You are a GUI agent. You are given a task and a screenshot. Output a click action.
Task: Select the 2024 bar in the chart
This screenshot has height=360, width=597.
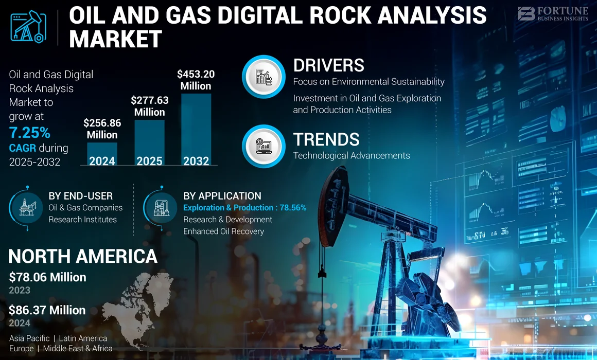102,154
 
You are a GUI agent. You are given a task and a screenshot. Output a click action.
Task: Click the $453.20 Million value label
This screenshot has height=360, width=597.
196,80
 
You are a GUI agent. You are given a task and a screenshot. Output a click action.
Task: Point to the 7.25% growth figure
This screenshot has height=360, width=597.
30,133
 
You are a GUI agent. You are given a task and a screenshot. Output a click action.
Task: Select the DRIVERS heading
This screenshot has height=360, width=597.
329,65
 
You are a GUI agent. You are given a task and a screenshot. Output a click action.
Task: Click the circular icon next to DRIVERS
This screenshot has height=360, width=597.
264,76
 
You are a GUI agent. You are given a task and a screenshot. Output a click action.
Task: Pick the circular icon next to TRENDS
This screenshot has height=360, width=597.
264,146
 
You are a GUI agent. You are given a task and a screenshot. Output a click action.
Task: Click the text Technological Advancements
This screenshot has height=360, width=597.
352,155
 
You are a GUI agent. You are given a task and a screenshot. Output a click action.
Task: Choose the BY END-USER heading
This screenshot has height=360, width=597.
81,196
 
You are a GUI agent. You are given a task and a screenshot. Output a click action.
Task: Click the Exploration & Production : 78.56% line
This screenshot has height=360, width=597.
245,208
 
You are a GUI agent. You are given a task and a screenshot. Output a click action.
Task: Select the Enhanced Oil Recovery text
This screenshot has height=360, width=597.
223,231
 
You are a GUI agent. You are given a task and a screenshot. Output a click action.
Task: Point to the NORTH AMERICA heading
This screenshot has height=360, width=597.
83,256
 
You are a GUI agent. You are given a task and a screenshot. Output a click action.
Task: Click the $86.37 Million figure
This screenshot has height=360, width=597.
47,310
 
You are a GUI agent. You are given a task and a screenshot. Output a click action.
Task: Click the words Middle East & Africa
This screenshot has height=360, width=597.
78,349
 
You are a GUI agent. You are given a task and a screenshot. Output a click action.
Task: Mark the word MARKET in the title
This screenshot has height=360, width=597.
116,39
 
